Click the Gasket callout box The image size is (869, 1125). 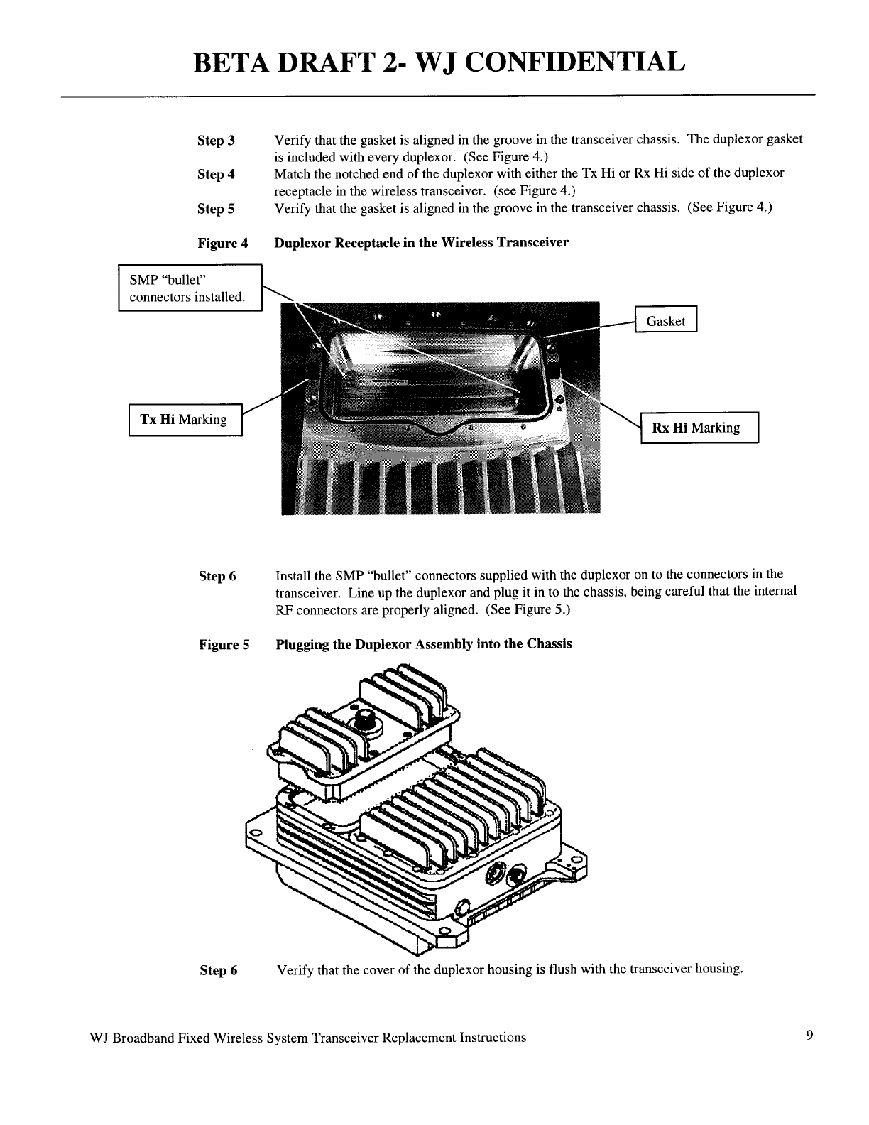(666, 320)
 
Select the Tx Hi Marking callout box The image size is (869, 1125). (185, 420)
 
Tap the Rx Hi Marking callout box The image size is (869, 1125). (699, 428)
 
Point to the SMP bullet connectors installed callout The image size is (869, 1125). (190, 287)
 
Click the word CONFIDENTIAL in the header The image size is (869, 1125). (576, 62)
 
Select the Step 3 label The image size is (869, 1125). (217, 141)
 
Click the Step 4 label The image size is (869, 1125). (217, 175)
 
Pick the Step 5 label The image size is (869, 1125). (217, 209)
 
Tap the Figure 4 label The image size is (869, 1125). (222, 244)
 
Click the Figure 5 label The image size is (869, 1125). (224, 645)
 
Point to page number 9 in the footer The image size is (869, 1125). (809, 1036)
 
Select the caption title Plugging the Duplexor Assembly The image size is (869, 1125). (423, 644)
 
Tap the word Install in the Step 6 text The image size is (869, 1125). (292, 575)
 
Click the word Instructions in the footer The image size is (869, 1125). (493, 1037)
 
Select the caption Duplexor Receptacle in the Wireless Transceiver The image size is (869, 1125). (421, 243)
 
